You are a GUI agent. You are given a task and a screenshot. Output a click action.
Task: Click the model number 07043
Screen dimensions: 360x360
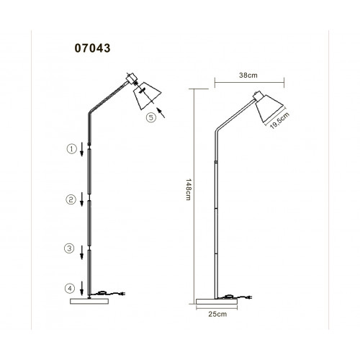click(92, 48)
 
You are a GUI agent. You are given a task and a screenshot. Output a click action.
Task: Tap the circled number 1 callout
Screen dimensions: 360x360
click(71, 149)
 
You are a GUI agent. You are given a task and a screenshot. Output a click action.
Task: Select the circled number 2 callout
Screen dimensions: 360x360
click(71, 199)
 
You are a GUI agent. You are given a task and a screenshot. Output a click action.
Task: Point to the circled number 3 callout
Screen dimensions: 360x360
click(69, 248)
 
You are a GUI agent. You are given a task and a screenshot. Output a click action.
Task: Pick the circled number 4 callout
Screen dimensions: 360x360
click(70, 288)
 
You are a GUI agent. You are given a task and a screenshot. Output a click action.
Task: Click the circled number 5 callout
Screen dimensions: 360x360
click(151, 117)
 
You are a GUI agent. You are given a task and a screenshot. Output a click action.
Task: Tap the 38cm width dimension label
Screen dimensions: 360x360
click(248, 76)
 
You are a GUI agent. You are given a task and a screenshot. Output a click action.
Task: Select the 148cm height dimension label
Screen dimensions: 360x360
click(189, 189)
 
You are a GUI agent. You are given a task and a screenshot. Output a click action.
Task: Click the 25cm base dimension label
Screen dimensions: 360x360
click(217, 314)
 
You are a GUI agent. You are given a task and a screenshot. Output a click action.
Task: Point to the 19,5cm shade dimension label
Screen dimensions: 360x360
click(279, 120)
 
